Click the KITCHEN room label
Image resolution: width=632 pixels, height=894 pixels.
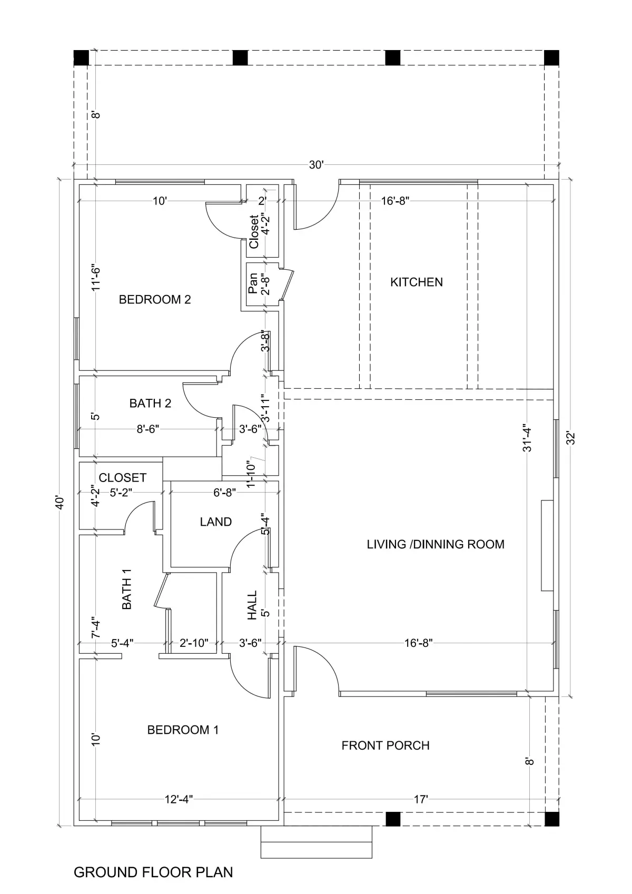(416, 282)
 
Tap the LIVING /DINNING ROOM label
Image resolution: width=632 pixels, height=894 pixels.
(436, 544)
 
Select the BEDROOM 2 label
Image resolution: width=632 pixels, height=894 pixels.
(155, 299)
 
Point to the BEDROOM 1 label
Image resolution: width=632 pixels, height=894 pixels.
(183, 730)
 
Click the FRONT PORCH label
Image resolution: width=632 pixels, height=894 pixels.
(386, 745)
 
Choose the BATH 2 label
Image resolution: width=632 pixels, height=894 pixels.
(150, 403)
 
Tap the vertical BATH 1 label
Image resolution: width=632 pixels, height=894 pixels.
(126, 588)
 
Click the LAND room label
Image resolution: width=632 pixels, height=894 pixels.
(215, 522)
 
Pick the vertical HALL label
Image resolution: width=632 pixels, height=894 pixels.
(252, 605)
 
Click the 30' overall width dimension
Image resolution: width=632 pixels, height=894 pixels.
(317, 165)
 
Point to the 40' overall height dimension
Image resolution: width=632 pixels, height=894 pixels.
(60, 503)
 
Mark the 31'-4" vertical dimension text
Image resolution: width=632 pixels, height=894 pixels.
(527, 438)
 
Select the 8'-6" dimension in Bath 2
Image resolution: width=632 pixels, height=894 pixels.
(147, 429)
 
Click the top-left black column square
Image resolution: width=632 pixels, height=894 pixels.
(81, 58)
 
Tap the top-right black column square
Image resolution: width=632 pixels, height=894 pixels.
(552, 58)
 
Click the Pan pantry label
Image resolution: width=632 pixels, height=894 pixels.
(253, 283)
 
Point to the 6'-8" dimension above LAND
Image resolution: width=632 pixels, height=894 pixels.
(225, 493)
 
